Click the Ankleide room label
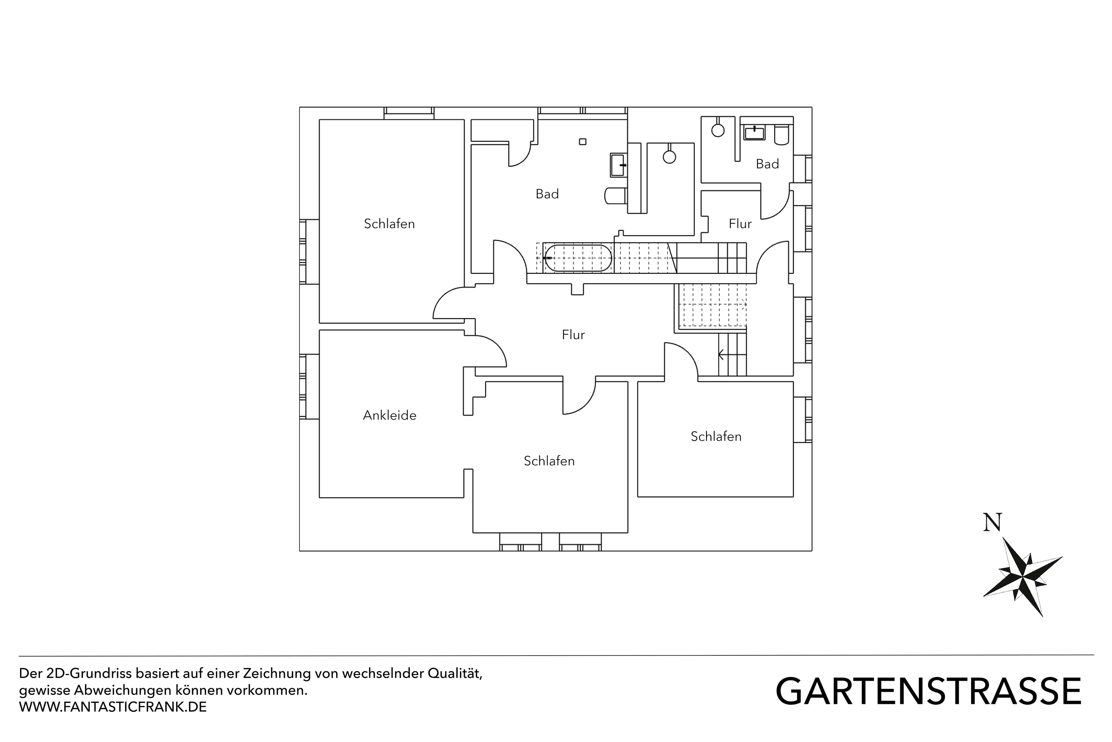pyautogui.click(x=389, y=415)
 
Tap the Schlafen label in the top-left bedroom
pyautogui.click(x=389, y=224)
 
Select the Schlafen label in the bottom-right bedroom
pyautogui.click(x=716, y=436)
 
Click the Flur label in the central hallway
pyautogui.click(x=573, y=335)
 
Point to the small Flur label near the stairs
pyautogui.click(x=740, y=224)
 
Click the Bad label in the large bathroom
pyautogui.click(x=547, y=194)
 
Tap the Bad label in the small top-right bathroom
pyautogui.click(x=767, y=164)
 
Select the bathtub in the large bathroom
pyautogui.click(x=578, y=258)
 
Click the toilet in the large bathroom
pyautogui.click(x=616, y=195)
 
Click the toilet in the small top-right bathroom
pyautogui.click(x=781, y=135)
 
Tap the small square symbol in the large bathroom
pyautogui.click(x=582, y=141)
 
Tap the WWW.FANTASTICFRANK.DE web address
pyautogui.click(x=113, y=707)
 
